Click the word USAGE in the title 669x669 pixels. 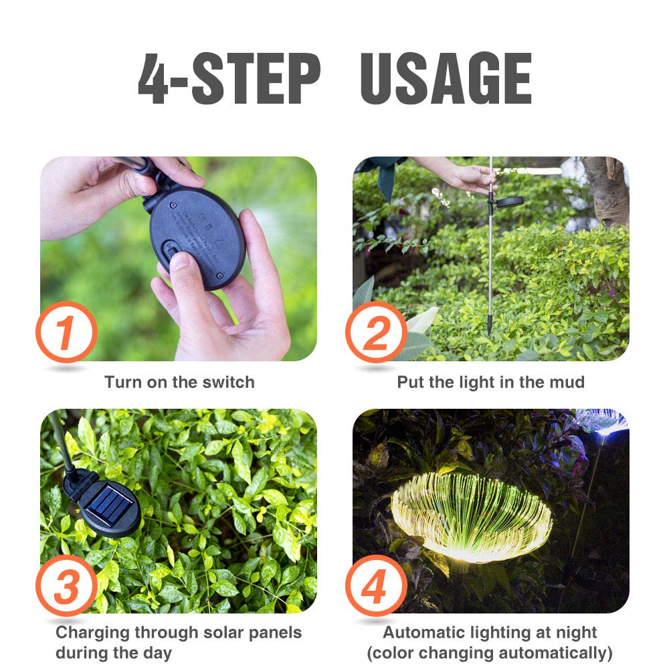(x=446, y=78)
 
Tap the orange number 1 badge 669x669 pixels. (x=65, y=332)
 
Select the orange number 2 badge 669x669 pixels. (x=376, y=332)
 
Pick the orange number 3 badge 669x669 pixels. (x=65, y=586)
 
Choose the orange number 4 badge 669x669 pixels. (x=376, y=586)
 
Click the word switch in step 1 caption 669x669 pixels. (x=229, y=383)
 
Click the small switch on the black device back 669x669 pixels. (x=173, y=254)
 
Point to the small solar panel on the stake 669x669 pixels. (x=510, y=201)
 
